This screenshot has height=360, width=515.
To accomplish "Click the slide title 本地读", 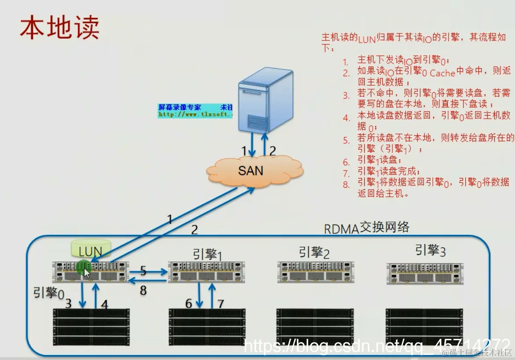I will (x=59, y=27).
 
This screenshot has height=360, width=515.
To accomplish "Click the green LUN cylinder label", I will (x=91, y=251).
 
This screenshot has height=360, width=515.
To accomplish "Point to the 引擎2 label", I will (x=314, y=252).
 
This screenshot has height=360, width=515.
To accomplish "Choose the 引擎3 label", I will (x=430, y=251).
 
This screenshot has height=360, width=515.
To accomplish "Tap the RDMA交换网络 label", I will (x=366, y=228).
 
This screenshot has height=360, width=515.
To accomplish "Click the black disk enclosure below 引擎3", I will (x=424, y=327).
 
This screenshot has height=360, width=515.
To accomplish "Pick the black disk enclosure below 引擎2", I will (x=314, y=327).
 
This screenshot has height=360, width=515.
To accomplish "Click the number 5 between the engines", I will (x=143, y=271).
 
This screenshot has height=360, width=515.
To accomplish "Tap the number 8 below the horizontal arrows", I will (x=143, y=291).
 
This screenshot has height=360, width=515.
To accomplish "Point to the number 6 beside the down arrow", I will (x=189, y=303).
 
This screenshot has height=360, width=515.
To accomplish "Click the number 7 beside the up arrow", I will (x=221, y=303).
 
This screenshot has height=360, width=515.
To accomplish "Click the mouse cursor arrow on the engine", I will (x=87, y=273).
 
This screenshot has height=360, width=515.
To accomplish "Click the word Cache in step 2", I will (x=442, y=73).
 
